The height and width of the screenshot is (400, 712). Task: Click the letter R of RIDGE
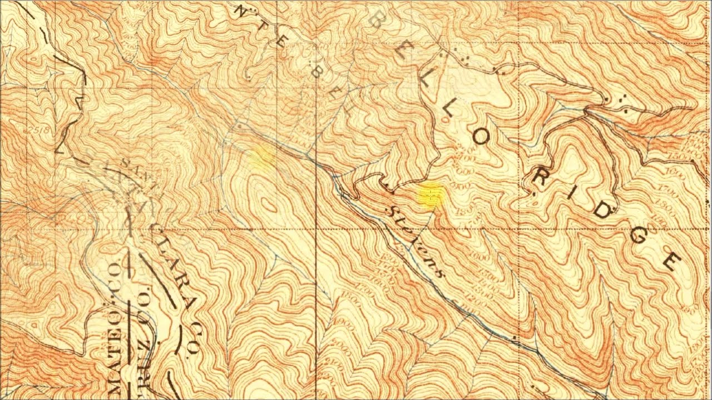click(x=538, y=178)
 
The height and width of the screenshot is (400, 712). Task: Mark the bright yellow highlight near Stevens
click(x=431, y=195)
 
